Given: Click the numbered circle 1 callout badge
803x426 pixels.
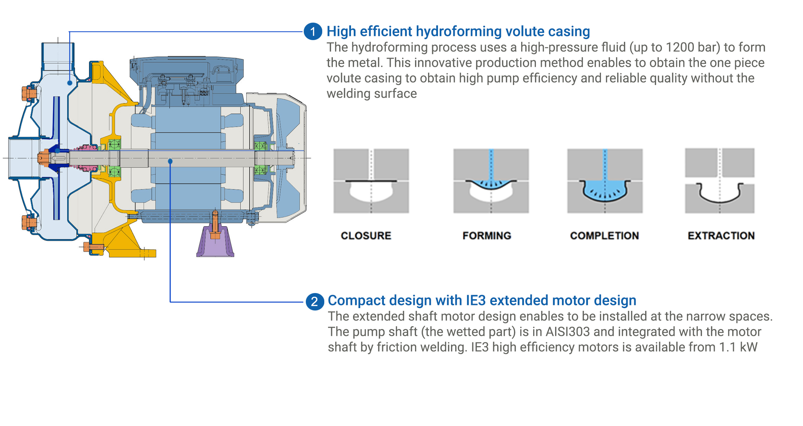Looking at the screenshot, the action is pos(313,32).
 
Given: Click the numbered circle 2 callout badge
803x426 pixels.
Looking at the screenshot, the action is pos(315,302).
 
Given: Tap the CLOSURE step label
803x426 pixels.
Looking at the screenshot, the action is pos(366,235).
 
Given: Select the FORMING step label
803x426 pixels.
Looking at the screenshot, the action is pos(487,235).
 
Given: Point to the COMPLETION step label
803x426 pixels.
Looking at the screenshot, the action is pos(604,235).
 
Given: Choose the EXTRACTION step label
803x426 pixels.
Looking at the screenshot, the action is pos(721,235).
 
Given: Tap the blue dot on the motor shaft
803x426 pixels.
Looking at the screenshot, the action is pos(170,161).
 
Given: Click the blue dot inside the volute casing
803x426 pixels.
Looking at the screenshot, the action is pos(70,83).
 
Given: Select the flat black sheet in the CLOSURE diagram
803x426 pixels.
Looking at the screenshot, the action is pos(371,181).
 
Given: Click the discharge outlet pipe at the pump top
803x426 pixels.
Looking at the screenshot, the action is pos(58,57).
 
